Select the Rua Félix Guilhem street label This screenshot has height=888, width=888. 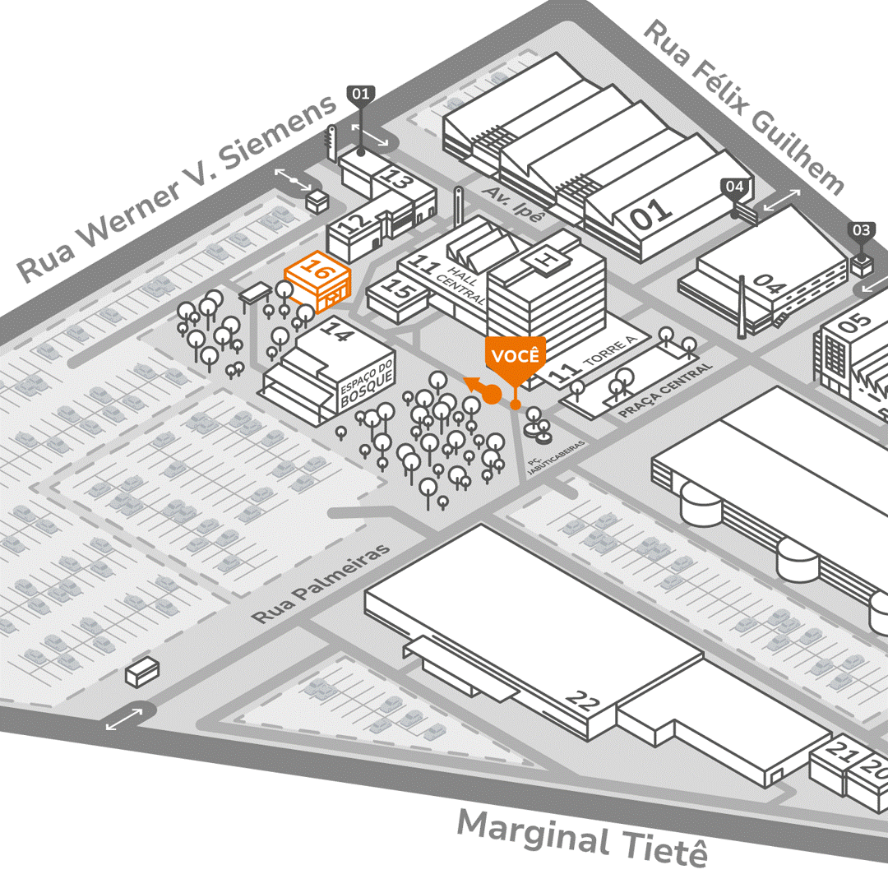point(743,107)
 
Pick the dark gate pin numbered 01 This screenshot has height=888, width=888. point(361,94)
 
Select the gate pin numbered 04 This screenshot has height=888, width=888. point(735,187)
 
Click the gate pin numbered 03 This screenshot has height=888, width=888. point(861,230)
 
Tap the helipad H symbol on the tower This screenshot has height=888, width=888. point(544,259)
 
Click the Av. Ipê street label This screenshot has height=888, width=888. point(514,203)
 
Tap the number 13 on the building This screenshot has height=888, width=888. point(398,180)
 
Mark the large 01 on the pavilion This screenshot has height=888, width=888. point(651,215)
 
